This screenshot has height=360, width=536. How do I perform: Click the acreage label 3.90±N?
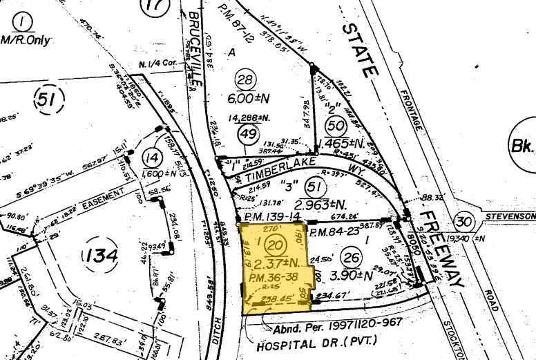[x=354, y=275]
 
